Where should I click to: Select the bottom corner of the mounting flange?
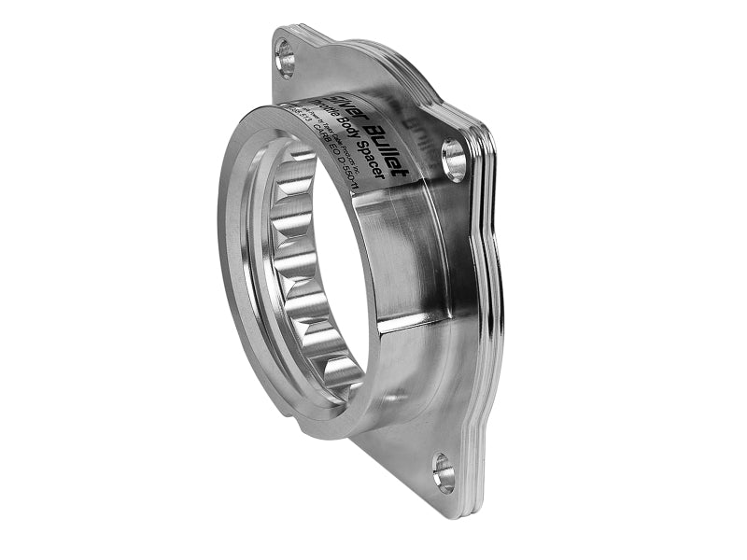pos(448,504)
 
